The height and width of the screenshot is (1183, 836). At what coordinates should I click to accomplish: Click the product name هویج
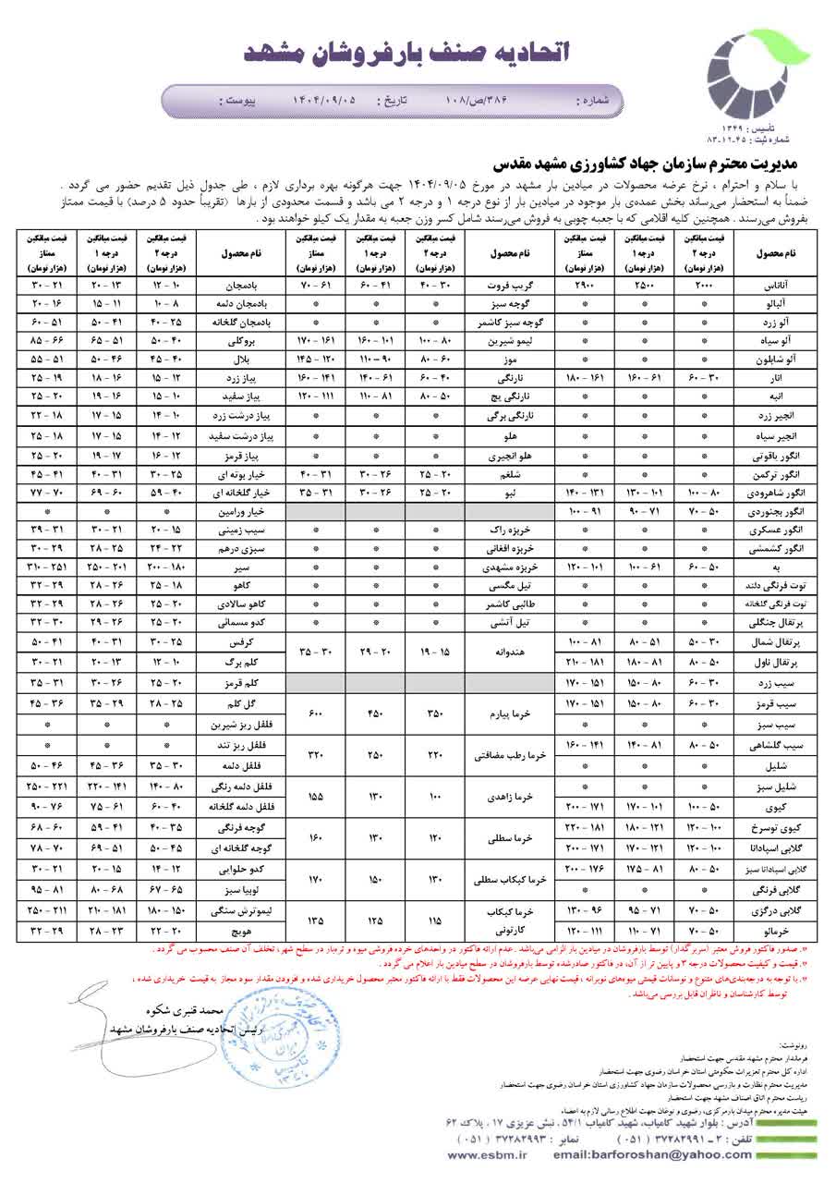[241, 929]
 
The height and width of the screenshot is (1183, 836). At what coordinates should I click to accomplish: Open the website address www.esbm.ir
[483, 1155]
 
